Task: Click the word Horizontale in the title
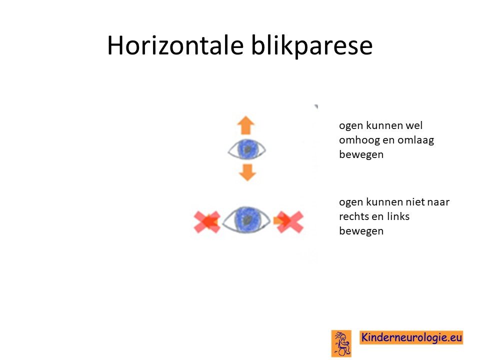(x=175, y=45)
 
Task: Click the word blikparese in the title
(x=311, y=46)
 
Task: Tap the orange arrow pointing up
(x=246, y=125)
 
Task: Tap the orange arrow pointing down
(x=247, y=172)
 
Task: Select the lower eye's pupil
(x=246, y=219)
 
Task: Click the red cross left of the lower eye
(x=207, y=221)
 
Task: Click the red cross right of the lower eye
(x=290, y=221)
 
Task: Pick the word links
(x=398, y=216)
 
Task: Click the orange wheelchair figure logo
(x=341, y=343)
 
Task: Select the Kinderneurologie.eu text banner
(x=411, y=337)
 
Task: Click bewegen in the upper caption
(x=361, y=155)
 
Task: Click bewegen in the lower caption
(x=361, y=231)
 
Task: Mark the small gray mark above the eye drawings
(x=316, y=106)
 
